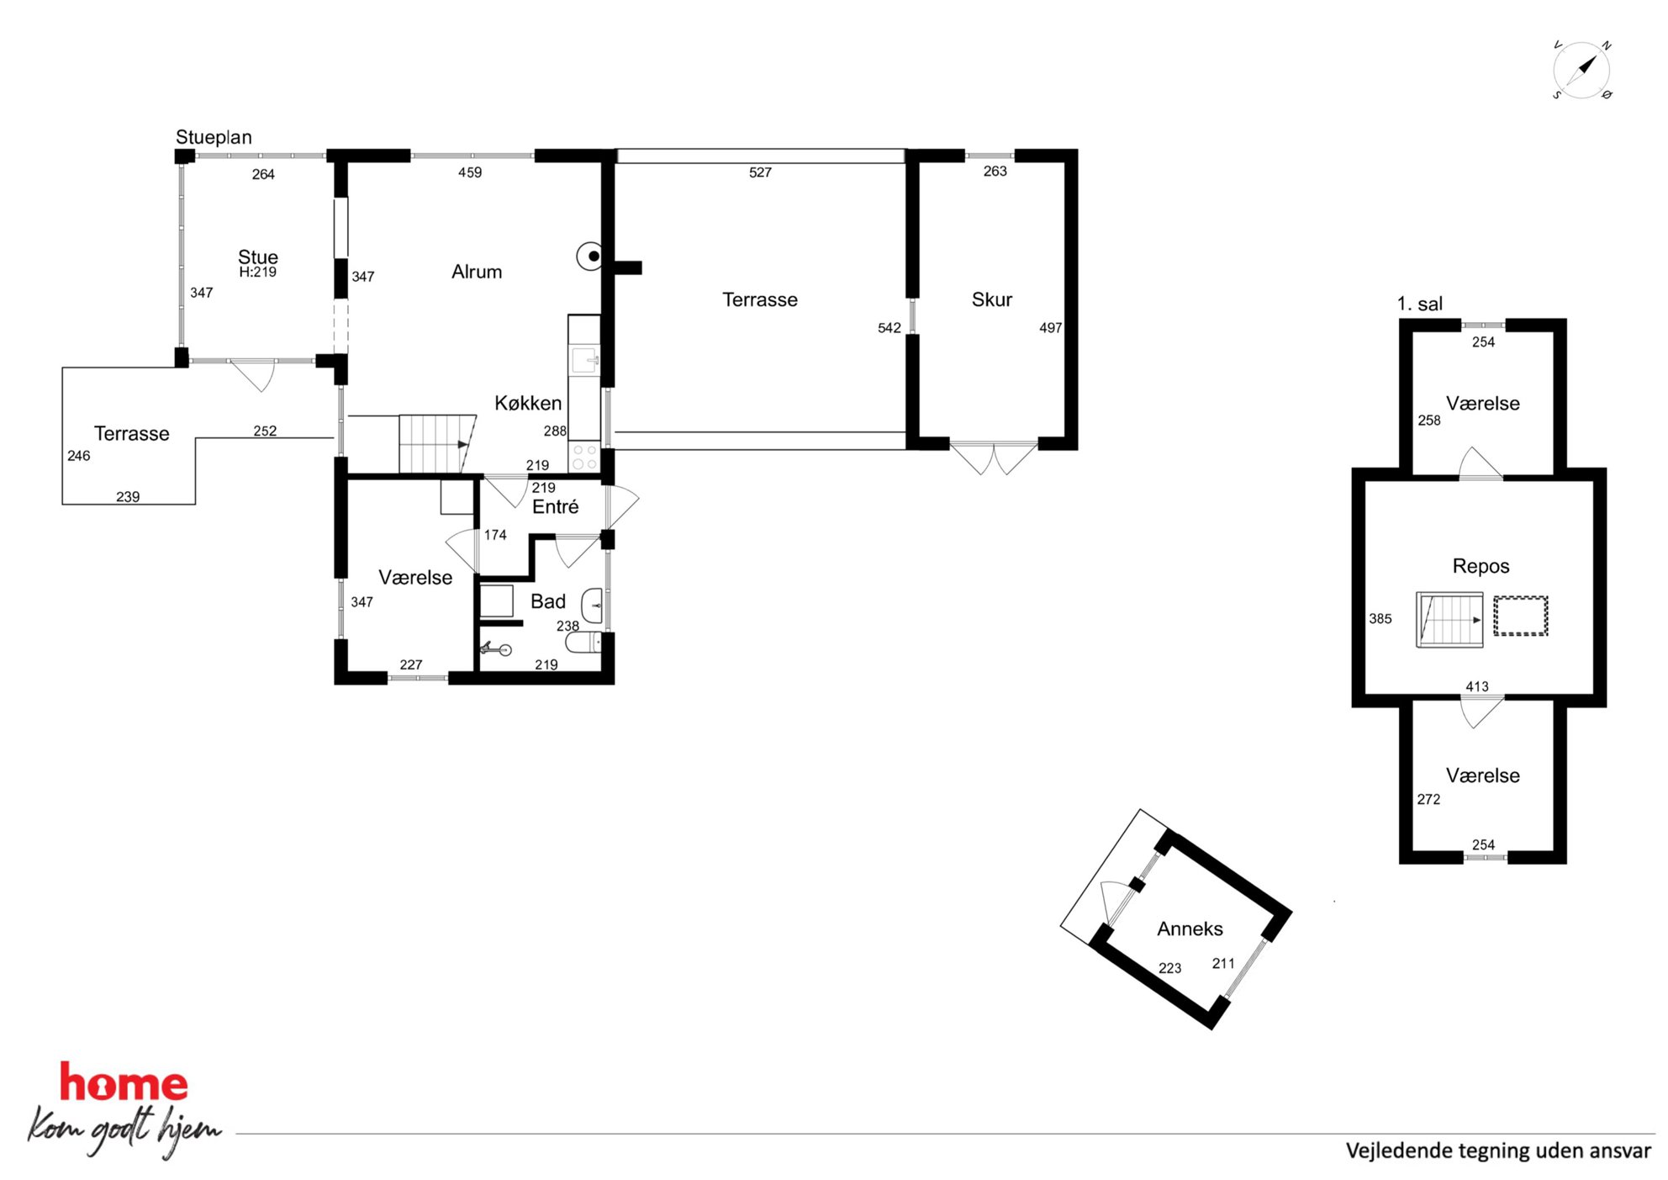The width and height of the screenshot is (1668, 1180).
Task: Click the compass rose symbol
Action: tap(1581, 70)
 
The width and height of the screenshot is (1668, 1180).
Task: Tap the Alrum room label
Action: tap(477, 272)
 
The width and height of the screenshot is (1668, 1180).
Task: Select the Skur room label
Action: tap(991, 299)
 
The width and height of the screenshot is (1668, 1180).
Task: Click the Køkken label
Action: tap(528, 403)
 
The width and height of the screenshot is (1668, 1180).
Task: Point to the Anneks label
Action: tap(1190, 929)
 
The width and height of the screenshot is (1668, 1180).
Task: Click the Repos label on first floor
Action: tap(1481, 566)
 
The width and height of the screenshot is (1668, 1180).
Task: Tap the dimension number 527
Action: tap(760, 172)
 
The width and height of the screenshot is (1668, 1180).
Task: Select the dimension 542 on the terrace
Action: tap(889, 328)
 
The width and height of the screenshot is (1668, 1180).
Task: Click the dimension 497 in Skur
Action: tap(1050, 328)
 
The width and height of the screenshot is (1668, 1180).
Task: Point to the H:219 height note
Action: tap(257, 273)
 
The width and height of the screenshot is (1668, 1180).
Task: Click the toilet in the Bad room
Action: tap(583, 643)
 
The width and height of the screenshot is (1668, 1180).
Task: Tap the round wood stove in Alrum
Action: tap(590, 256)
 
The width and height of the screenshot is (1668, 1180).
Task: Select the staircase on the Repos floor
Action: tap(1449, 620)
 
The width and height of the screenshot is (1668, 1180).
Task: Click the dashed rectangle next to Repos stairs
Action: tap(1520, 616)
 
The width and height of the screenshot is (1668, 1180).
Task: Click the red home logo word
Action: tap(124, 1082)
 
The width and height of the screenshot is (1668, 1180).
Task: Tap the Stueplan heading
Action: tap(214, 137)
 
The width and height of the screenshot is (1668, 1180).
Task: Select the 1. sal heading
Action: tap(1419, 304)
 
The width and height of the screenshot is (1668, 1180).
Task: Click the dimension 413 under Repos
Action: tap(1476, 686)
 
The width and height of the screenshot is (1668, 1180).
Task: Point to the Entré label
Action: tap(555, 506)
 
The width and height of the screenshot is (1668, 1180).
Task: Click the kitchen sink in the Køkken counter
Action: tap(585, 361)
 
